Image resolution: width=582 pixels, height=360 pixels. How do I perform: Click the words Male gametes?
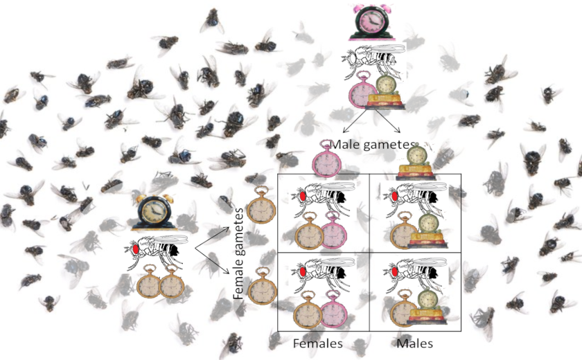[x=366, y=145]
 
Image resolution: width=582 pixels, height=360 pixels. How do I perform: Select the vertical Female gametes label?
[x=239, y=253]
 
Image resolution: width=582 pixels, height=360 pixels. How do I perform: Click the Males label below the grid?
[x=415, y=343]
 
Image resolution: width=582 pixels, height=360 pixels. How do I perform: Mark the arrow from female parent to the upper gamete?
[x=211, y=233]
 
